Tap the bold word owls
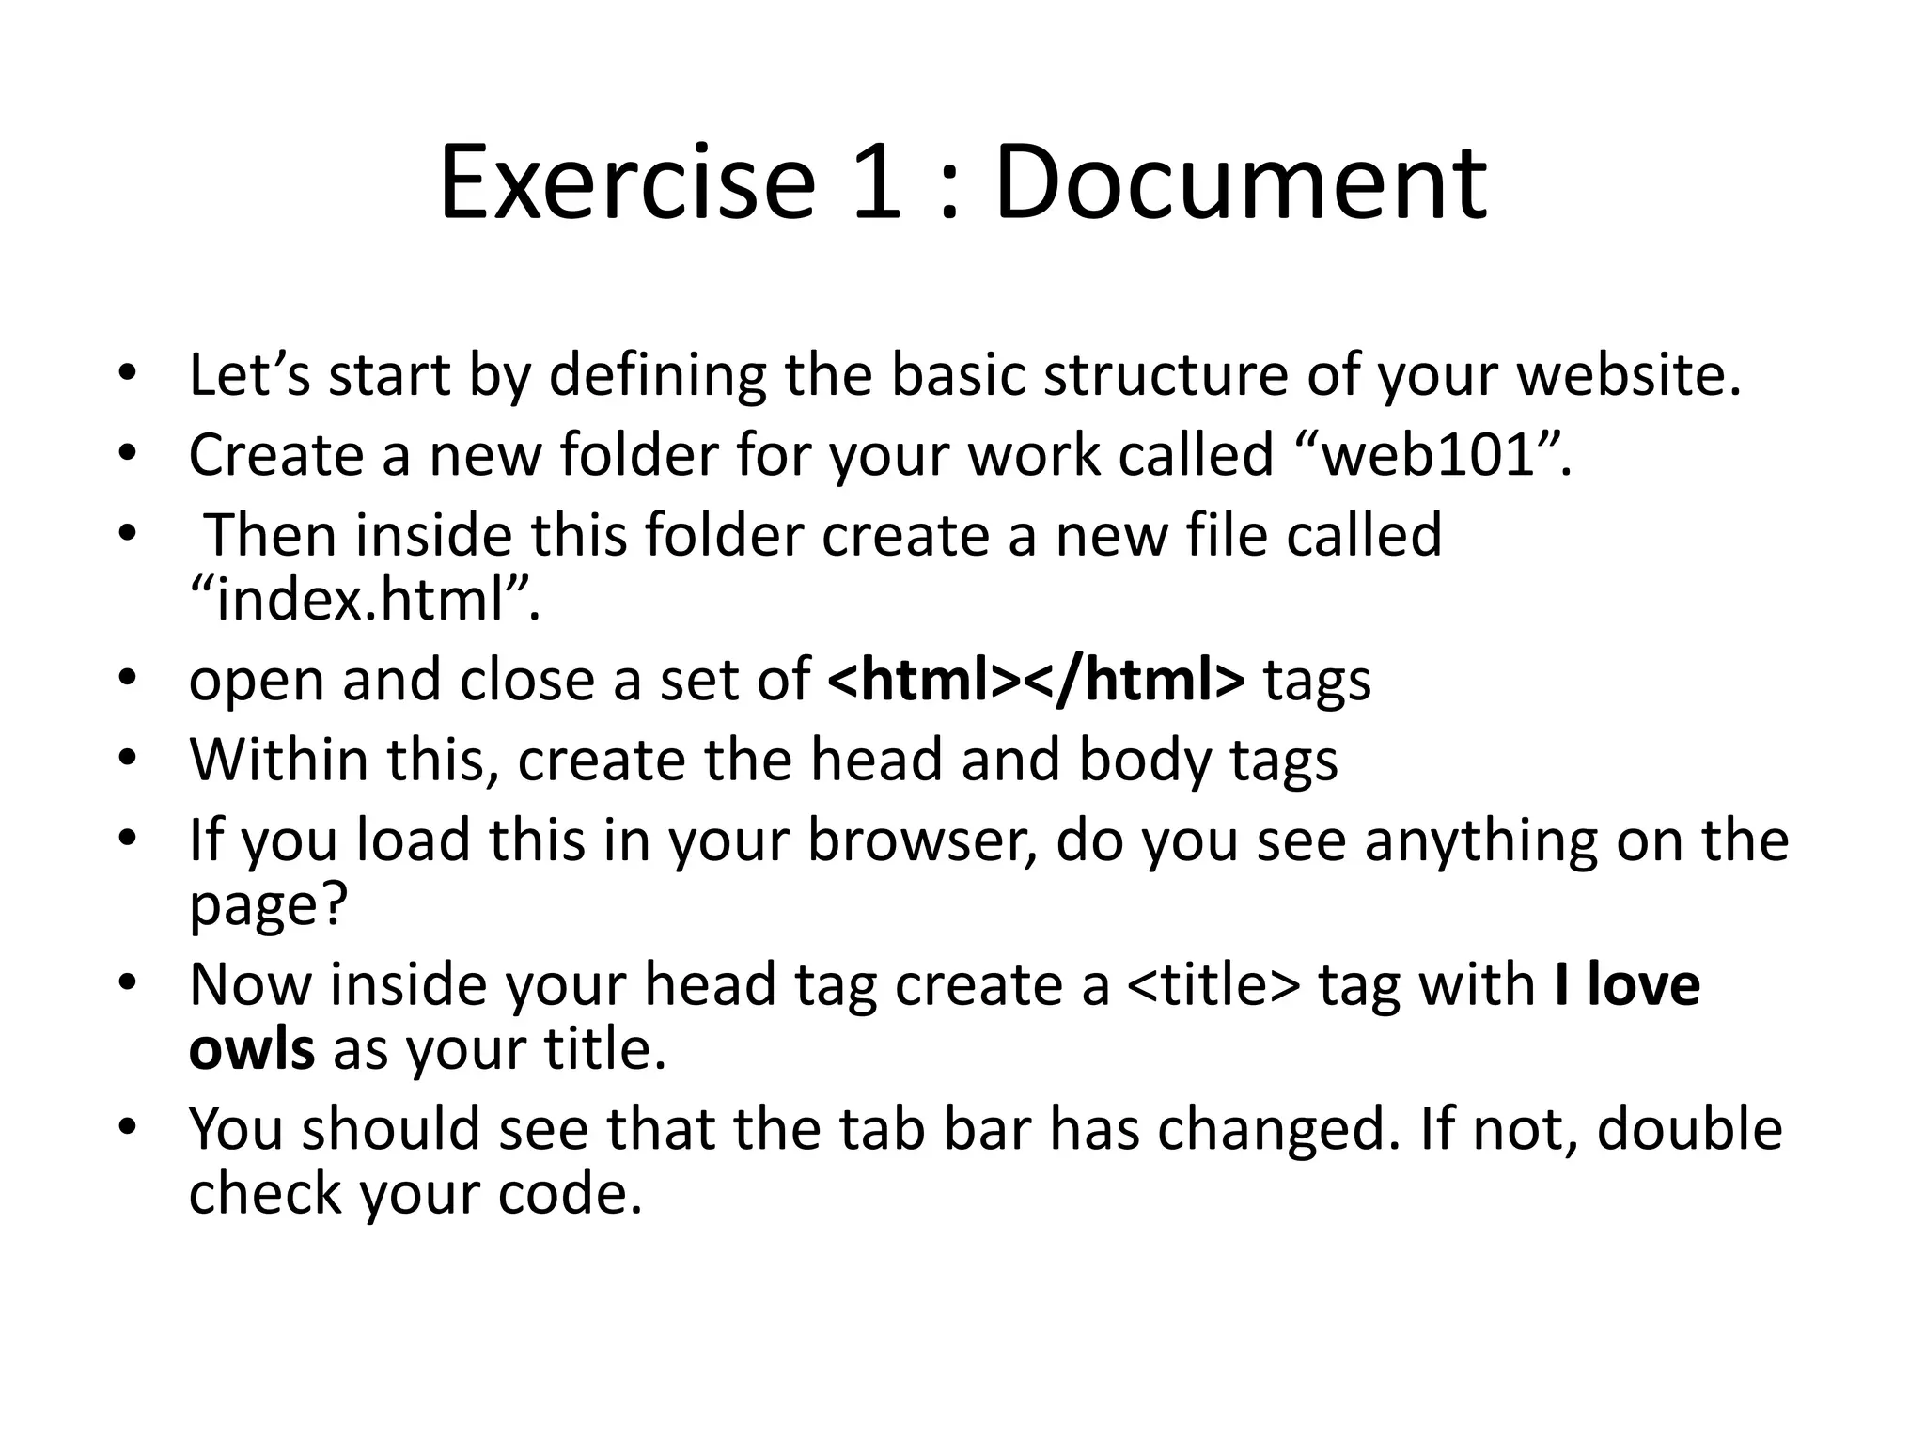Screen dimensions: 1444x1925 click(x=252, y=1049)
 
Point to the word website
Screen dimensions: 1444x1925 click(x=1629, y=375)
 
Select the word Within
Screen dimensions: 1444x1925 click(x=279, y=760)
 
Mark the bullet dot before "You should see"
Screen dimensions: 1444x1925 click(x=128, y=1125)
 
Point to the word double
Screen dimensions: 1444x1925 click(x=1689, y=1129)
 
